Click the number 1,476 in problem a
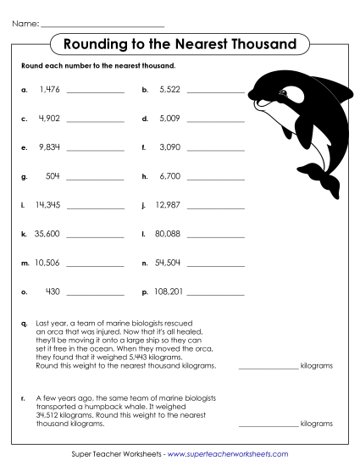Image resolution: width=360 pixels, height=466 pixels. pyautogui.click(x=48, y=88)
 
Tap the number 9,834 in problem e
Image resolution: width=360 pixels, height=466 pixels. pyautogui.click(x=48, y=147)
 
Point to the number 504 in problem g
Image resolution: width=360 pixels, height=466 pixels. pyautogui.click(x=52, y=176)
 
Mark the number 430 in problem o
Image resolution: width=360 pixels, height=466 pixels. pyautogui.click(x=52, y=291)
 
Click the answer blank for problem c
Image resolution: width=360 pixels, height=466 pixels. pyautogui.click(x=95, y=119)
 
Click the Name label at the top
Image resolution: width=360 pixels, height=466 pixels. pyautogui.click(x=25, y=23)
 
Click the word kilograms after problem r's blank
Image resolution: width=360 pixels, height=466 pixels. pyautogui.click(x=317, y=423)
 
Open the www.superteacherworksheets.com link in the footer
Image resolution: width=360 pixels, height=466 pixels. pyautogui.click(x=229, y=455)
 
